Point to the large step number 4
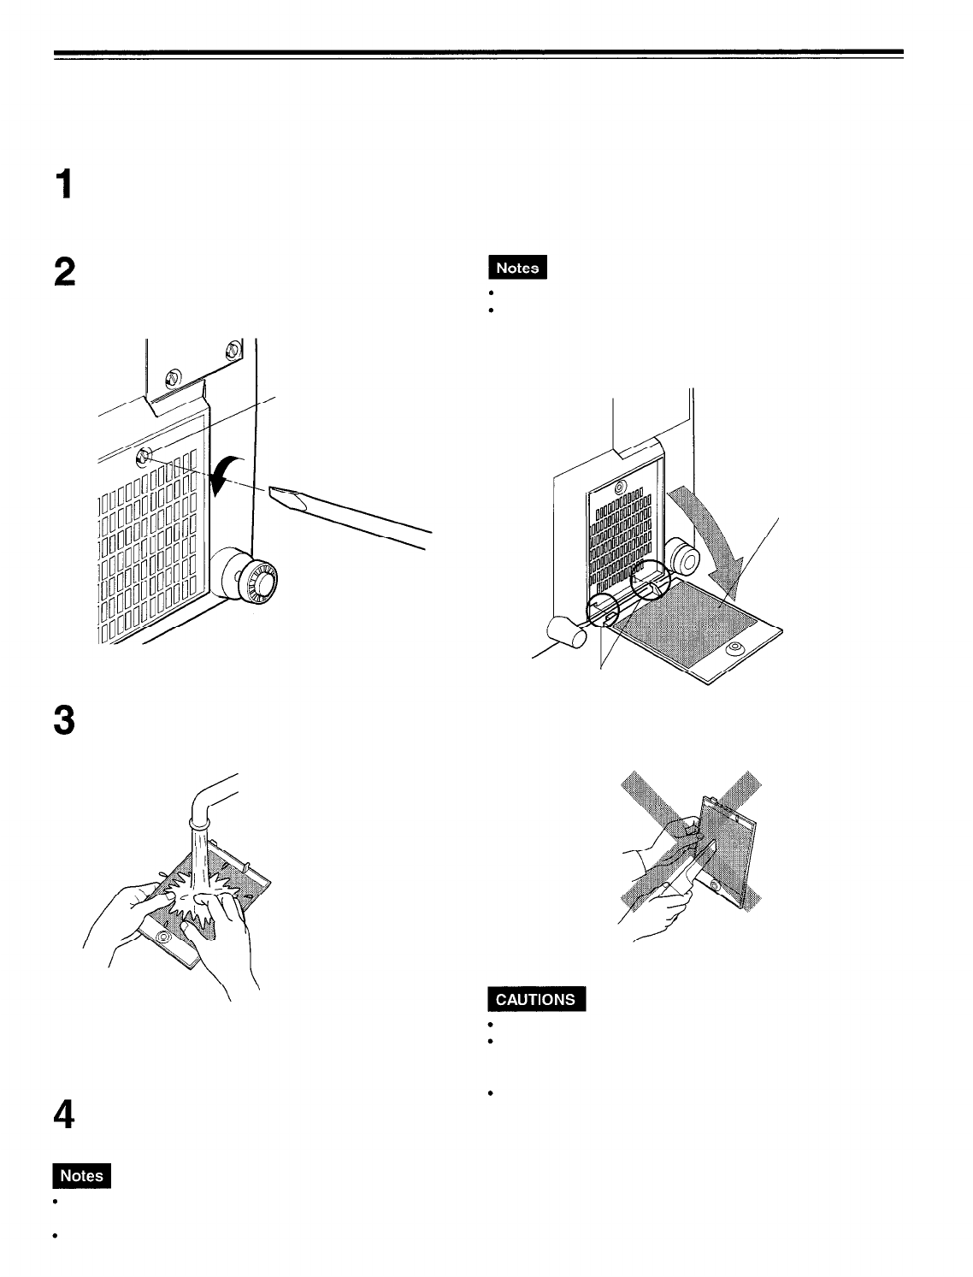coord(66,1117)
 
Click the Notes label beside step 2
coord(517,268)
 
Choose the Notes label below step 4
coord(82,1176)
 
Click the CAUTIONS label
coord(536,999)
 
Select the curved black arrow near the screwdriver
coord(228,473)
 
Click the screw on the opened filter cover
coord(733,650)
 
